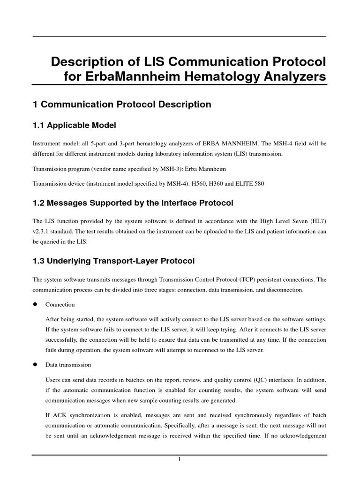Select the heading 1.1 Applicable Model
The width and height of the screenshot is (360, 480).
coord(74,125)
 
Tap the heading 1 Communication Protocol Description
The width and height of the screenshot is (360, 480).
coord(122,105)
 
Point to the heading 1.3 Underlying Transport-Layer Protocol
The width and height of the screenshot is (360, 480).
coord(113,261)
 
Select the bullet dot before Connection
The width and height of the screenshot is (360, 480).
coord(35,304)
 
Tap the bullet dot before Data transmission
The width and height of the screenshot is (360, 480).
coord(35,364)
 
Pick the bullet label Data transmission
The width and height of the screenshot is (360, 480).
coord(68,365)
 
